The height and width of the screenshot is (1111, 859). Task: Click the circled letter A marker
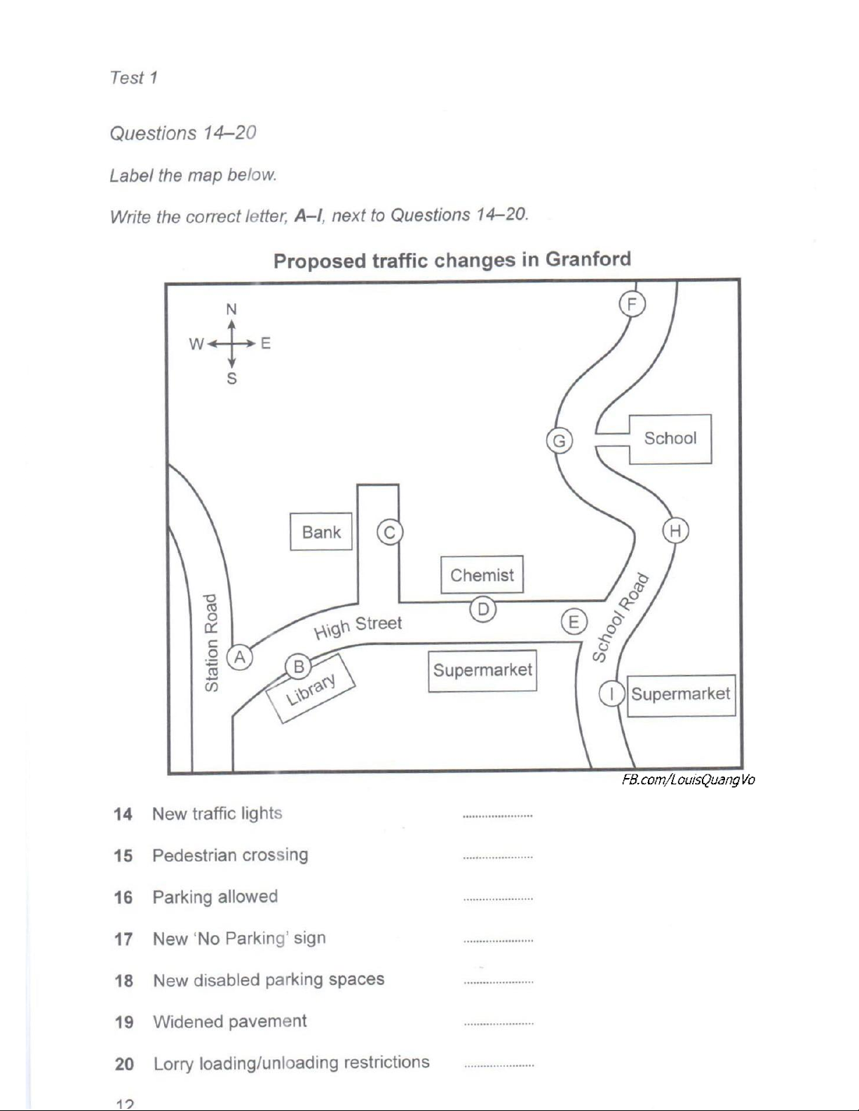[240, 657]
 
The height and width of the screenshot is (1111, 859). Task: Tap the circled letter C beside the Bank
[390, 532]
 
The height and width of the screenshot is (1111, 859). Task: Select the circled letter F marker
[632, 304]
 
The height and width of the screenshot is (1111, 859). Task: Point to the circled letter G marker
[560, 441]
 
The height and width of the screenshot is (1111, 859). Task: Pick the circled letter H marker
[675, 531]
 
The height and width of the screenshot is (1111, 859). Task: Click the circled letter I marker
[612, 694]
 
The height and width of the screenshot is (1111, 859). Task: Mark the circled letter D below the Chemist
[483, 609]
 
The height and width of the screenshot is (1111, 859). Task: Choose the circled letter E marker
[574, 622]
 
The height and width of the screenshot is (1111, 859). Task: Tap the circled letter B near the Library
[299, 667]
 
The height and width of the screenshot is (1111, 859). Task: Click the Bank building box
[321, 532]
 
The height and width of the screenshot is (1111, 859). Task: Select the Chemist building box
[482, 575]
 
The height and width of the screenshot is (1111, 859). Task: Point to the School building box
[670, 439]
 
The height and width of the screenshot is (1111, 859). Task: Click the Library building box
[311, 688]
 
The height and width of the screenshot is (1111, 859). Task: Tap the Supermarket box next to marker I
[681, 695]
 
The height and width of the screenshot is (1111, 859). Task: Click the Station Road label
[211, 642]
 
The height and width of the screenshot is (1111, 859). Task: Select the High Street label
[358, 627]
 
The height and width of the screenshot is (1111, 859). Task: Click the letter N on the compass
[231, 309]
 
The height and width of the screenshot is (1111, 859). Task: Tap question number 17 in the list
[124, 939]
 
